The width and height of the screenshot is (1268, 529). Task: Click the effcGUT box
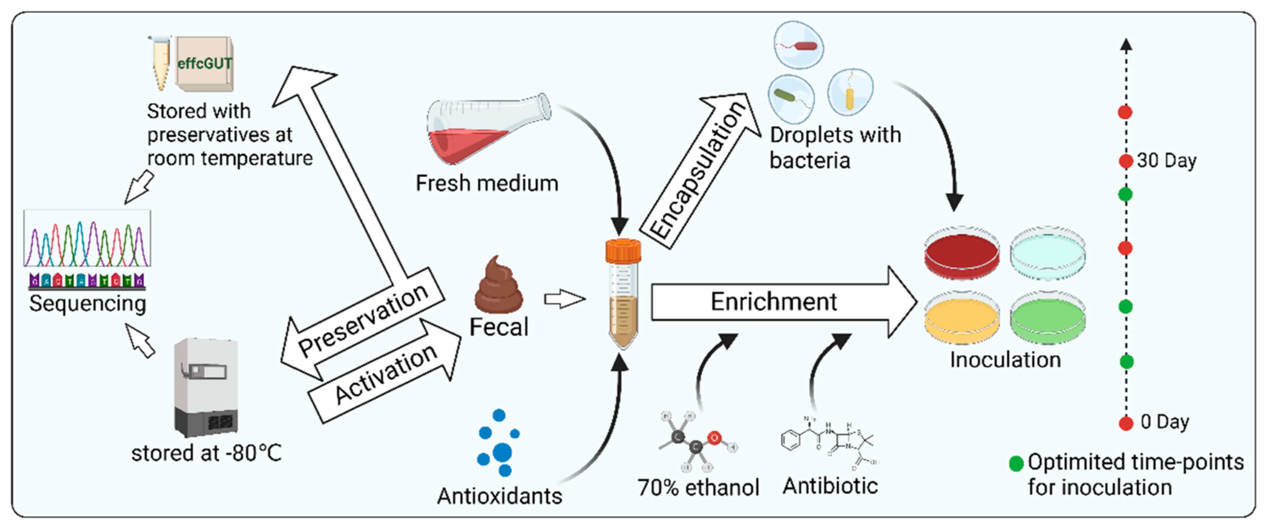(204, 64)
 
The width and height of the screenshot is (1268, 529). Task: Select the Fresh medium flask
(485, 130)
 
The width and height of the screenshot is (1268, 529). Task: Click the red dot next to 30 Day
(1125, 161)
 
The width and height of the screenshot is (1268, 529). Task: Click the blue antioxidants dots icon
(498, 443)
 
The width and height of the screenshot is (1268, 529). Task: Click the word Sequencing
(88, 303)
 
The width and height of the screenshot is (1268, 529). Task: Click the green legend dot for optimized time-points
(1016, 463)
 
